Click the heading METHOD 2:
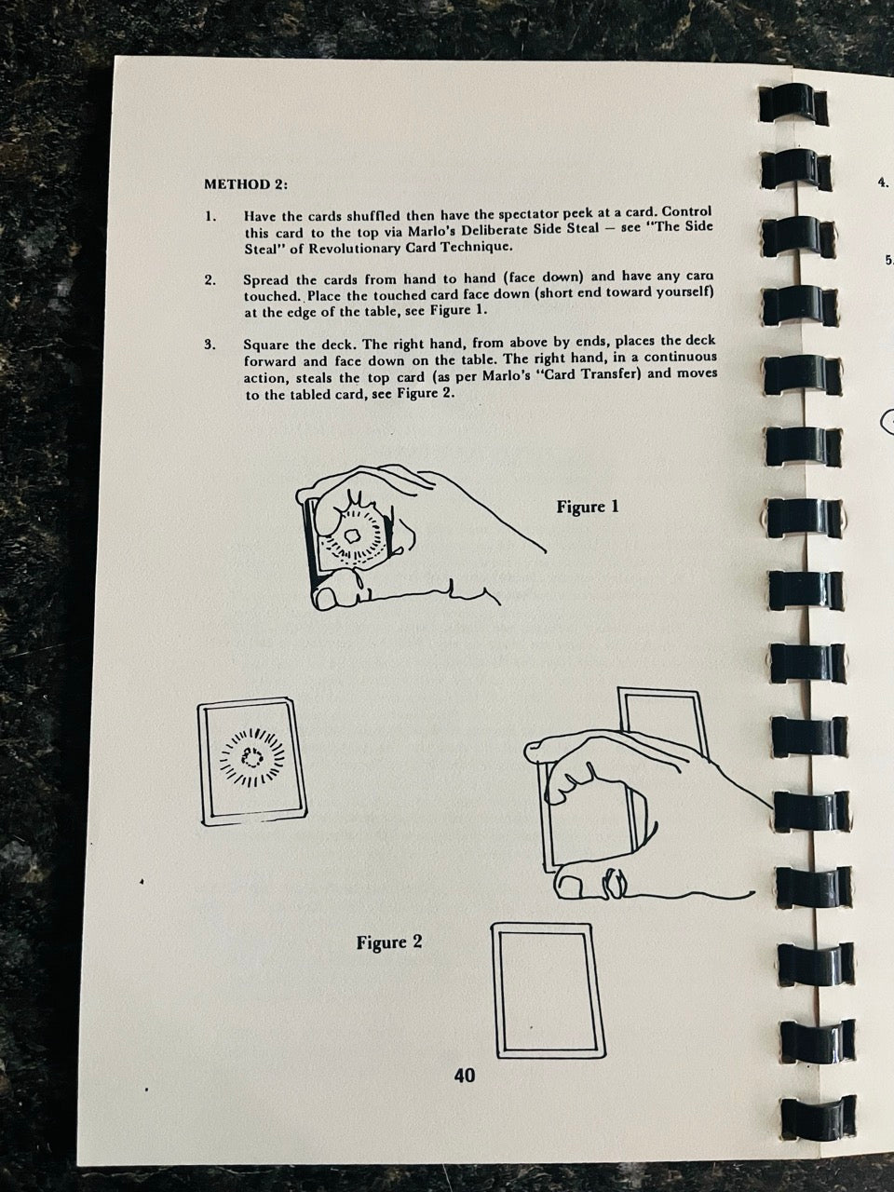click(x=245, y=184)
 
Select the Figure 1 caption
click(x=588, y=508)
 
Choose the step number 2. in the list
click(x=211, y=280)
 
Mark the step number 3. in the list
click(x=211, y=345)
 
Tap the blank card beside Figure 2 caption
click(x=548, y=989)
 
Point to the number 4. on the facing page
click(x=883, y=183)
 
